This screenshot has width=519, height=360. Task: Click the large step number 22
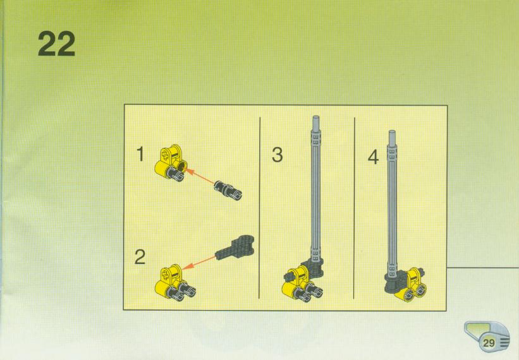click(56, 44)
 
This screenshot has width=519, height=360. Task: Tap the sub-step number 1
click(140, 154)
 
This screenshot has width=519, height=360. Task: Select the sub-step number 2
click(140, 257)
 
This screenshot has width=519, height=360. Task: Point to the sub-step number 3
click(278, 155)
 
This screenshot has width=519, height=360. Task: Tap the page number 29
click(489, 343)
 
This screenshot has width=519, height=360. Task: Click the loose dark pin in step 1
click(228, 190)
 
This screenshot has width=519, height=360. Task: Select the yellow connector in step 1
click(171, 163)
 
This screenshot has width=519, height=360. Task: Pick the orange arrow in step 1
click(200, 177)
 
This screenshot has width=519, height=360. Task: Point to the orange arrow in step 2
click(198, 263)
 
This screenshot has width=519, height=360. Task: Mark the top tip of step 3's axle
click(316, 116)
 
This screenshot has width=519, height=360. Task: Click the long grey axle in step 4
click(392, 203)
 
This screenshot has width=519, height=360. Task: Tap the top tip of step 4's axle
click(392, 131)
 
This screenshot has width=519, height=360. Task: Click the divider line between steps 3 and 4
click(354, 208)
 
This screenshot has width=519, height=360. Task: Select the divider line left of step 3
click(260, 208)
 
